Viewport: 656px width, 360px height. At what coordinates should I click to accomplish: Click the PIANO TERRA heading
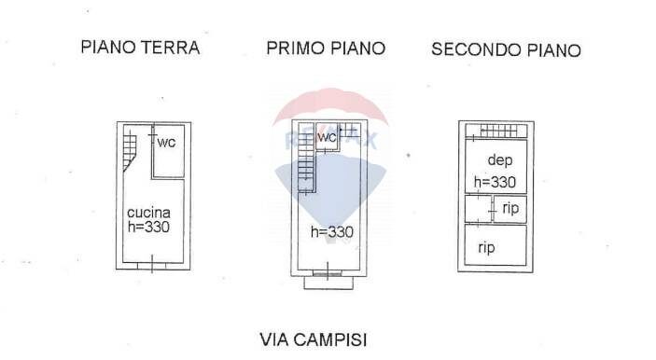coord(140,48)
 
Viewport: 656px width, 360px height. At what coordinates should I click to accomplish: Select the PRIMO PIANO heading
coord(326,48)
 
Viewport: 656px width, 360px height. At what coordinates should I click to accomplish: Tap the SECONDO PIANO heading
coord(506,49)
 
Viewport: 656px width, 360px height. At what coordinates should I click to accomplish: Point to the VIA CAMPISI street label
coord(314,339)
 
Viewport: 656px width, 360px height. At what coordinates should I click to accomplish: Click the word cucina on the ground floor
coord(148,213)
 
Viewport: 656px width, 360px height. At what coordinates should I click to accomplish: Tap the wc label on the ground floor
coord(166,143)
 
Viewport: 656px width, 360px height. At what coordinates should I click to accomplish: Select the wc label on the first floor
coord(327,137)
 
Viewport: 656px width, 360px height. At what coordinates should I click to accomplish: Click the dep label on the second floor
coord(500,160)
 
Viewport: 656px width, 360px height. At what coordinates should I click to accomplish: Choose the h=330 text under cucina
coord(148,227)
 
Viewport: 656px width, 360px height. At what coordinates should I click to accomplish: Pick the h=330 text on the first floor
coord(332,231)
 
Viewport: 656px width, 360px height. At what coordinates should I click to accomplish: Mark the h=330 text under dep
coord(495,182)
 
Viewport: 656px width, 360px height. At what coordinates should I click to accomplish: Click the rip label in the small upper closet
coord(510,208)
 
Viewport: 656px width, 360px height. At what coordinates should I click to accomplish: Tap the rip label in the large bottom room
coord(486,248)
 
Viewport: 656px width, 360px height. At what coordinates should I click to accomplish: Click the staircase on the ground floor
coord(130,149)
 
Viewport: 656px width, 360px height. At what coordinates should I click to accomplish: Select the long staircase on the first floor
coord(306,158)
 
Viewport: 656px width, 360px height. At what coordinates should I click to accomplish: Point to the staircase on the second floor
coord(498,132)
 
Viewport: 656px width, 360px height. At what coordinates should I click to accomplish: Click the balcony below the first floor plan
coord(328,283)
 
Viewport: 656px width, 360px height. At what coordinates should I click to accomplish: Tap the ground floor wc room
coord(169,151)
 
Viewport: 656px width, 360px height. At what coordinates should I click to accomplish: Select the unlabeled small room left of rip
coord(478,209)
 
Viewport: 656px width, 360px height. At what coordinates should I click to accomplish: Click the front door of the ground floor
coord(152,266)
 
